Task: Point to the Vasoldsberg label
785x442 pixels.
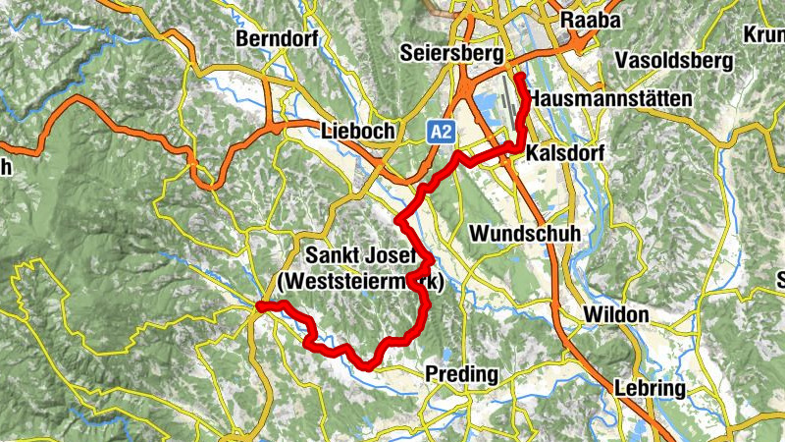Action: [674, 61]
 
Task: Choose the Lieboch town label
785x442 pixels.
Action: [357, 131]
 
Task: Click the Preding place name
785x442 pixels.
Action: [462, 374]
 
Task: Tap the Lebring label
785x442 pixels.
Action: [650, 388]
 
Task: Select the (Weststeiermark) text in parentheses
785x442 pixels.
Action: [361, 283]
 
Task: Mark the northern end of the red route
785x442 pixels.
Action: [517, 76]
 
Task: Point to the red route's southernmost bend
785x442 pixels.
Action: [367, 365]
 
